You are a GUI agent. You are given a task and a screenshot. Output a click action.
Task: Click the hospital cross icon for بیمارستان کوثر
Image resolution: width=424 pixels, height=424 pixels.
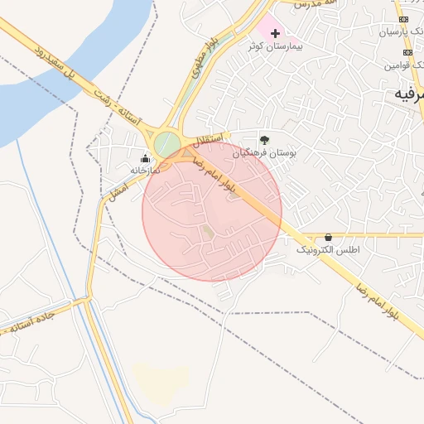point(276,32)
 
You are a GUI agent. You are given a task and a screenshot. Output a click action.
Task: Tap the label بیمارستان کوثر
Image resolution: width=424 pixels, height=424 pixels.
point(276,46)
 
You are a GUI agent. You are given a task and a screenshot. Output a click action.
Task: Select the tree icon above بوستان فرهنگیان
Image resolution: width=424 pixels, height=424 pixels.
point(264,140)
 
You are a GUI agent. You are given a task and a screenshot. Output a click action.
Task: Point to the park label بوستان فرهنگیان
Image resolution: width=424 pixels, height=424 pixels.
point(264,153)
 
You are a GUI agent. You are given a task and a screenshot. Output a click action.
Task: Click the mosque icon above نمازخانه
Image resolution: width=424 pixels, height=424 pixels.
point(147,157)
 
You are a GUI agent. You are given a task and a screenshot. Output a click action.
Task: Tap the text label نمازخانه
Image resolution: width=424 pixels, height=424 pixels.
point(143,170)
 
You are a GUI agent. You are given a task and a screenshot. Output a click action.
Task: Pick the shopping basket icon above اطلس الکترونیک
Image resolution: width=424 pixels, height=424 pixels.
point(328,237)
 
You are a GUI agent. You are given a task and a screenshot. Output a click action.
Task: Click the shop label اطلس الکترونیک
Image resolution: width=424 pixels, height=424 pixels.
point(328,249)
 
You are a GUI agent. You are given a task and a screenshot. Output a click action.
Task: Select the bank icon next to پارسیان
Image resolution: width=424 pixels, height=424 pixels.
point(403,19)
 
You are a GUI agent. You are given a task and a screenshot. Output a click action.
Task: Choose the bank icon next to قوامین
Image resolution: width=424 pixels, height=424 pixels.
point(403,51)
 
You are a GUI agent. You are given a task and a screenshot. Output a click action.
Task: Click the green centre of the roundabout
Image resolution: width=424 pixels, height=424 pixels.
point(167,143)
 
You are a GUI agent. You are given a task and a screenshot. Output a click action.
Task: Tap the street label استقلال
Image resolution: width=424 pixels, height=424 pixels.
point(212,137)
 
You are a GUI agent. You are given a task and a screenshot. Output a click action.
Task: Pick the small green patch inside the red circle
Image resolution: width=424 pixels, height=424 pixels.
point(208,233)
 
